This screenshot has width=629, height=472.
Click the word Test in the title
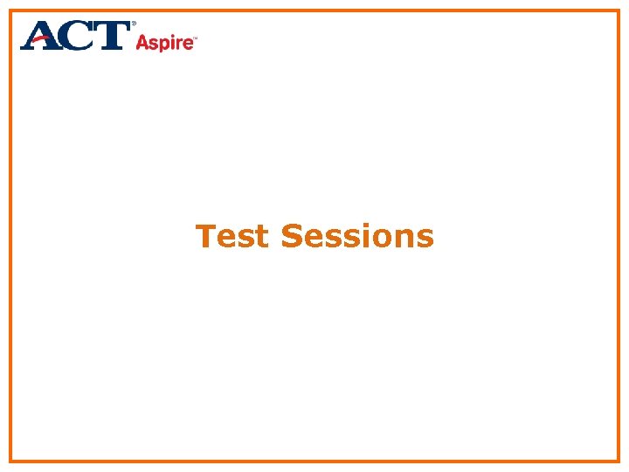tap(232, 236)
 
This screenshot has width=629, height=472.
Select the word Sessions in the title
tap(357, 236)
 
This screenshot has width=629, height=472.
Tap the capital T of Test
tap(207, 236)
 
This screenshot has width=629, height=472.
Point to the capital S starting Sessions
tap(292, 236)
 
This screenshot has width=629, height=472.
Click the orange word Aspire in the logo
tap(163, 42)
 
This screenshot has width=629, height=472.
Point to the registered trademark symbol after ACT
tap(134, 24)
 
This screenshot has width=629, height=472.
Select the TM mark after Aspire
tap(194, 38)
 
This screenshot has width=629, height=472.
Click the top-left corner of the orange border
tap(10, 10)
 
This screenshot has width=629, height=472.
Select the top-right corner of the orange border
tap(618, 10)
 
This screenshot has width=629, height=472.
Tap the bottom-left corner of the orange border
tap(10, 461)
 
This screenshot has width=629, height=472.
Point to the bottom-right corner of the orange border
tap(618, 461)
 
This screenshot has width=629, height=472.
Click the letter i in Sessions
tap(370, 236)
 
